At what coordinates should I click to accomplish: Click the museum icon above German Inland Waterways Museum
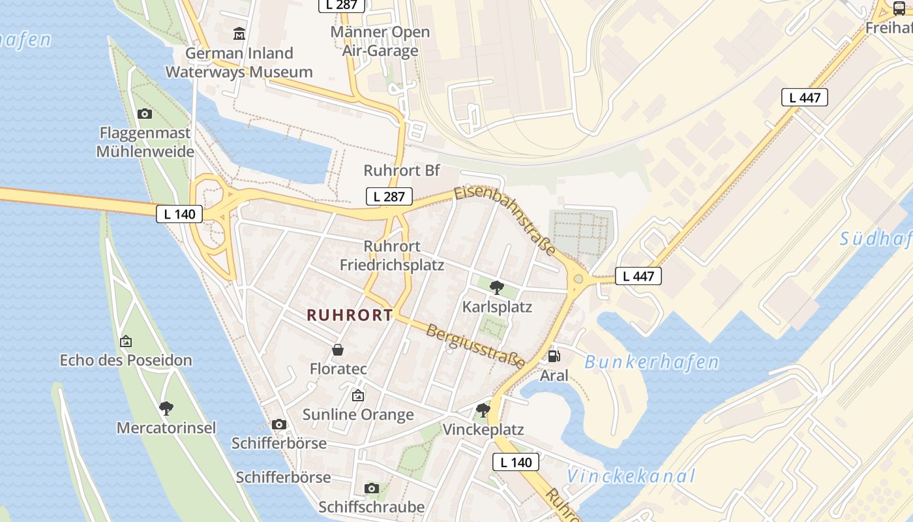coord(239,33)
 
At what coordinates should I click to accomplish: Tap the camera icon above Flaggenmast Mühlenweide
coord(145,114)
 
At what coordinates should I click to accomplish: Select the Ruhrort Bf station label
coord(402,171)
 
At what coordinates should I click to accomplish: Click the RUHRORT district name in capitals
coord(350,315)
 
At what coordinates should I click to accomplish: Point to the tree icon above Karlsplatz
coord(497,287)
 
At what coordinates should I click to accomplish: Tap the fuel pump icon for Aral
coord(554,356)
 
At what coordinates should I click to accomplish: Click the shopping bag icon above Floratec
coord(338,350)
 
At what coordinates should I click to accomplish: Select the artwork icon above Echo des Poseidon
coord(126,341)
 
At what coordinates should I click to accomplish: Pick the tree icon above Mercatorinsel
coord(166,408)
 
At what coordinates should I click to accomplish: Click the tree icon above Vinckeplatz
coord(483,410)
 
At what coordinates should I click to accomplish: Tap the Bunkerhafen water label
coord(651,362)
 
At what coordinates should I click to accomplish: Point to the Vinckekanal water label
coord(631,476)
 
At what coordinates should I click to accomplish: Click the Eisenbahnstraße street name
coord(505,220)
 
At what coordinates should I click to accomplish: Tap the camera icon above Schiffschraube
coord(372,488)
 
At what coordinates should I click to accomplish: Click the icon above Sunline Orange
coord(358,395)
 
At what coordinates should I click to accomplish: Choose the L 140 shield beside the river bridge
coord(179,214)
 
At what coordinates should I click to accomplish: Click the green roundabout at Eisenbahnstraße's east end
coord(578,280)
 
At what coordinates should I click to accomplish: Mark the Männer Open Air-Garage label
coord(380,41)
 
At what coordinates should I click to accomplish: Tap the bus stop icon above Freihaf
coord(899,8)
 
